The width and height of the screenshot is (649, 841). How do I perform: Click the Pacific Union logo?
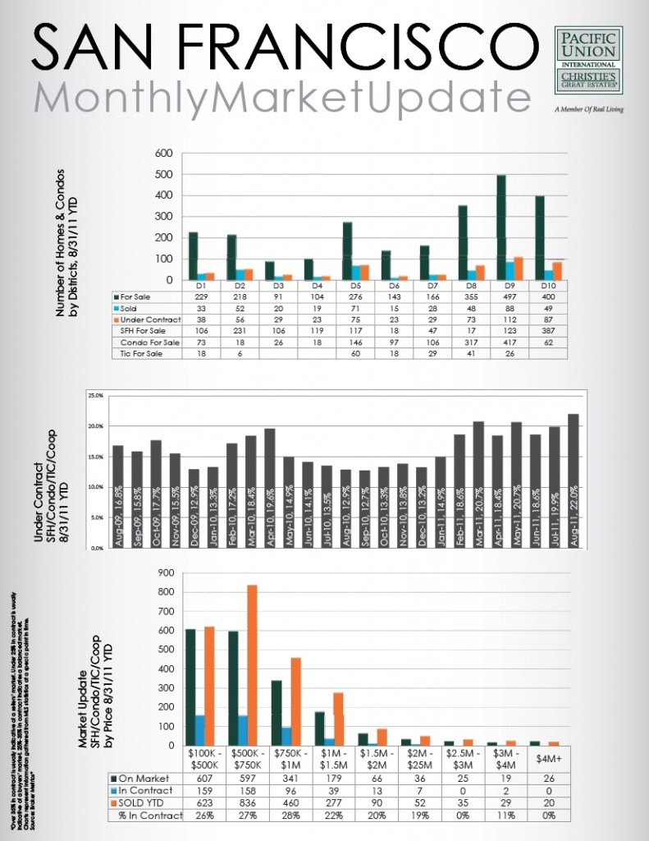click(587, 62)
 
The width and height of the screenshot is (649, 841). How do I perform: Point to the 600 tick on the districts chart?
click(163, 154)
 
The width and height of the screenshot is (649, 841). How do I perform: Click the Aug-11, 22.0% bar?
click(573, 480)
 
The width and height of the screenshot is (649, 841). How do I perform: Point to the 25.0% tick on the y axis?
click(96, 397)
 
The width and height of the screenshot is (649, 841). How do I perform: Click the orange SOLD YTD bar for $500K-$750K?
click(252, 664)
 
